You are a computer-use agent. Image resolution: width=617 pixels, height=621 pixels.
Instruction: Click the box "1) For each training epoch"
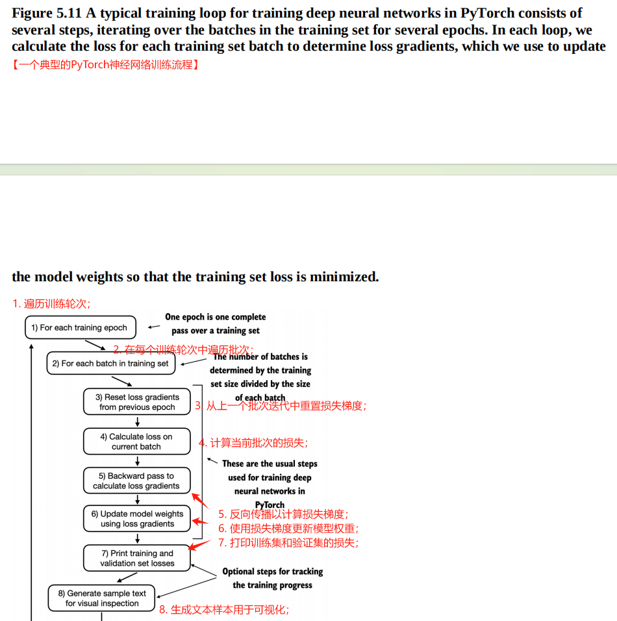pyautogui.click(x=81, y=327)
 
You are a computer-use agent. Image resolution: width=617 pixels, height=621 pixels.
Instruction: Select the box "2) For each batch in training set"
pyautogui.click(x=110, y=363)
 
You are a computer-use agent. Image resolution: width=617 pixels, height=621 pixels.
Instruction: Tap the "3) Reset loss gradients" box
pyautogui.click(x=137, y=401)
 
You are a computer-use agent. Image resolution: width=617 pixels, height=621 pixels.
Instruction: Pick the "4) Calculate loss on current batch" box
pyautogui.click(x=136, y=441)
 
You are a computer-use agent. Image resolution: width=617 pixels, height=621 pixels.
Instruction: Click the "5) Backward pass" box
pyautogui.click(x=136, y=480)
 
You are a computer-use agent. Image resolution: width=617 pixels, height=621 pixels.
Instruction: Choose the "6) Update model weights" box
pyautogui.click(x=137, y=518)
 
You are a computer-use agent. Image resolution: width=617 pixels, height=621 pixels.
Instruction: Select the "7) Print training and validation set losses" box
pyautogui.click(x=137, y=558)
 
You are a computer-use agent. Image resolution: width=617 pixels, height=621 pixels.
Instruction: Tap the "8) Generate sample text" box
pyautogui.click(x=102, y=598)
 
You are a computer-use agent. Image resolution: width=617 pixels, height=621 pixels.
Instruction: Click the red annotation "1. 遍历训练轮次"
pyautogui.click(x=51, y=303)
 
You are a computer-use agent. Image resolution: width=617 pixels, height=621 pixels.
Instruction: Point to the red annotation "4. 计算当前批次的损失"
pyautogui.click(x=254, y=443)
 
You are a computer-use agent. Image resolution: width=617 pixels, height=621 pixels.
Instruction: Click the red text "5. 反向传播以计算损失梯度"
pyautogui.click(x=283, y=514)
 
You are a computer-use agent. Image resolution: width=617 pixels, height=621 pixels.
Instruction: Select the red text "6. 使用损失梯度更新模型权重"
pyautogui.click(x=288, y=529)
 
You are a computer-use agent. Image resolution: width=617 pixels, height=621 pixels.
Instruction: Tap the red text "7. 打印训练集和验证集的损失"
pyautogui.click(x=288, y=542)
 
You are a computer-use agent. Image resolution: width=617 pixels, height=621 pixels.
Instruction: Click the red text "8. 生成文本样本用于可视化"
pyautogui.click(x=225, y=610)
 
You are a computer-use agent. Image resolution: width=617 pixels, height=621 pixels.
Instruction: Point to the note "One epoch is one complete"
pyautogui.click(x=215, y=317)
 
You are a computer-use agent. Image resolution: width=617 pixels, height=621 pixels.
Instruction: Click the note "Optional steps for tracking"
pyautogui.click(x=272, y=572)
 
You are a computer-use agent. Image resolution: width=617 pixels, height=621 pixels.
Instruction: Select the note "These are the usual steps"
pyautogui.click(x=270, y=464)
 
